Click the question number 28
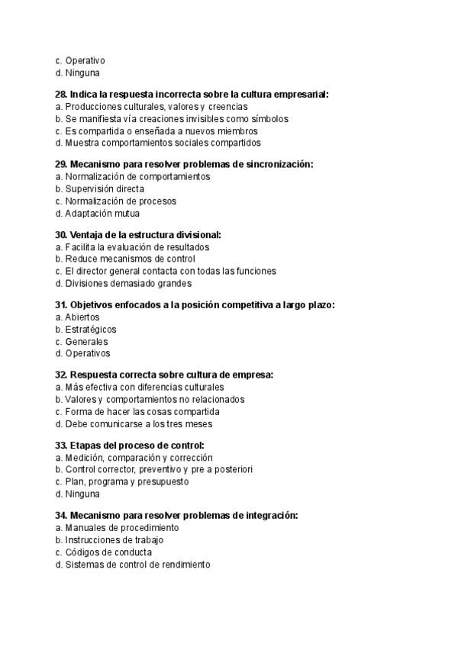tap(61, 94)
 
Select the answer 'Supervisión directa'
tap(105, 188)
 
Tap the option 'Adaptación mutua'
tap(102, 213)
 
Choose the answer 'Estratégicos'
tap(91, 329)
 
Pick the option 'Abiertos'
tap(82, 317)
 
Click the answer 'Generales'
tap(86, 341)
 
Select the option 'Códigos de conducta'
tap(108, 552)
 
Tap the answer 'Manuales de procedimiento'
tap(122, 527)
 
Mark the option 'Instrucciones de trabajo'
tap(114, 539)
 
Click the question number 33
tap(61, 445)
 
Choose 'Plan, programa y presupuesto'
tap(127, 481)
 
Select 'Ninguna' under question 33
tap(82, 494)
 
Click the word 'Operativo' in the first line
tap(85, 60)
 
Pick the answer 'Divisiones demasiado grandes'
tap(127, 283)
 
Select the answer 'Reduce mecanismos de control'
tap(130, 259)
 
